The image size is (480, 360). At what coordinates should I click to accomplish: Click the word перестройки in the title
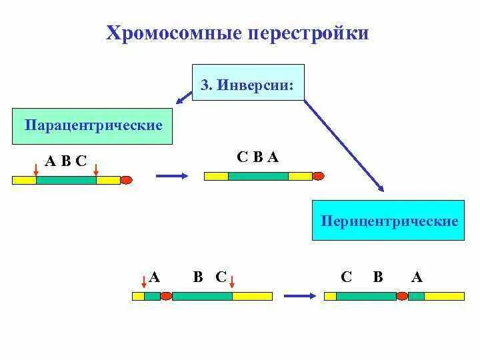pos(309,33)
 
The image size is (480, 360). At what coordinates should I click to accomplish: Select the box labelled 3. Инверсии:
pos(248,83)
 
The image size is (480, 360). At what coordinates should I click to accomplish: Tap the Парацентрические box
pos(93,125)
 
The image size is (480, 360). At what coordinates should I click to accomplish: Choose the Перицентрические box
pos(389,221)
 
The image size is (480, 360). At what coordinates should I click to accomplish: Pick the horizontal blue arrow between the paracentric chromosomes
pos(170,177)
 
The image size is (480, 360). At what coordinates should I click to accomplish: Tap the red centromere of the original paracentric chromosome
pos(126,179)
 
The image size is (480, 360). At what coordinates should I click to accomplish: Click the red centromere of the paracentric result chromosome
pos(318,176)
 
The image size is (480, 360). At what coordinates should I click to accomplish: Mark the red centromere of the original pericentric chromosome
pos(166,296)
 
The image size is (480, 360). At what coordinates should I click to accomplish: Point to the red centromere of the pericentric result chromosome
pos(403,296)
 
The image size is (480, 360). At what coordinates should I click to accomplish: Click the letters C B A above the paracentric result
pos(257,157)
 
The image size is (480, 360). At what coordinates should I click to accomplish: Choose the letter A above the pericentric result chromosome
pos(417,277)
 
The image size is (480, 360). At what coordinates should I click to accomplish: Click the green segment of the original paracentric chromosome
pos(66,180)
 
